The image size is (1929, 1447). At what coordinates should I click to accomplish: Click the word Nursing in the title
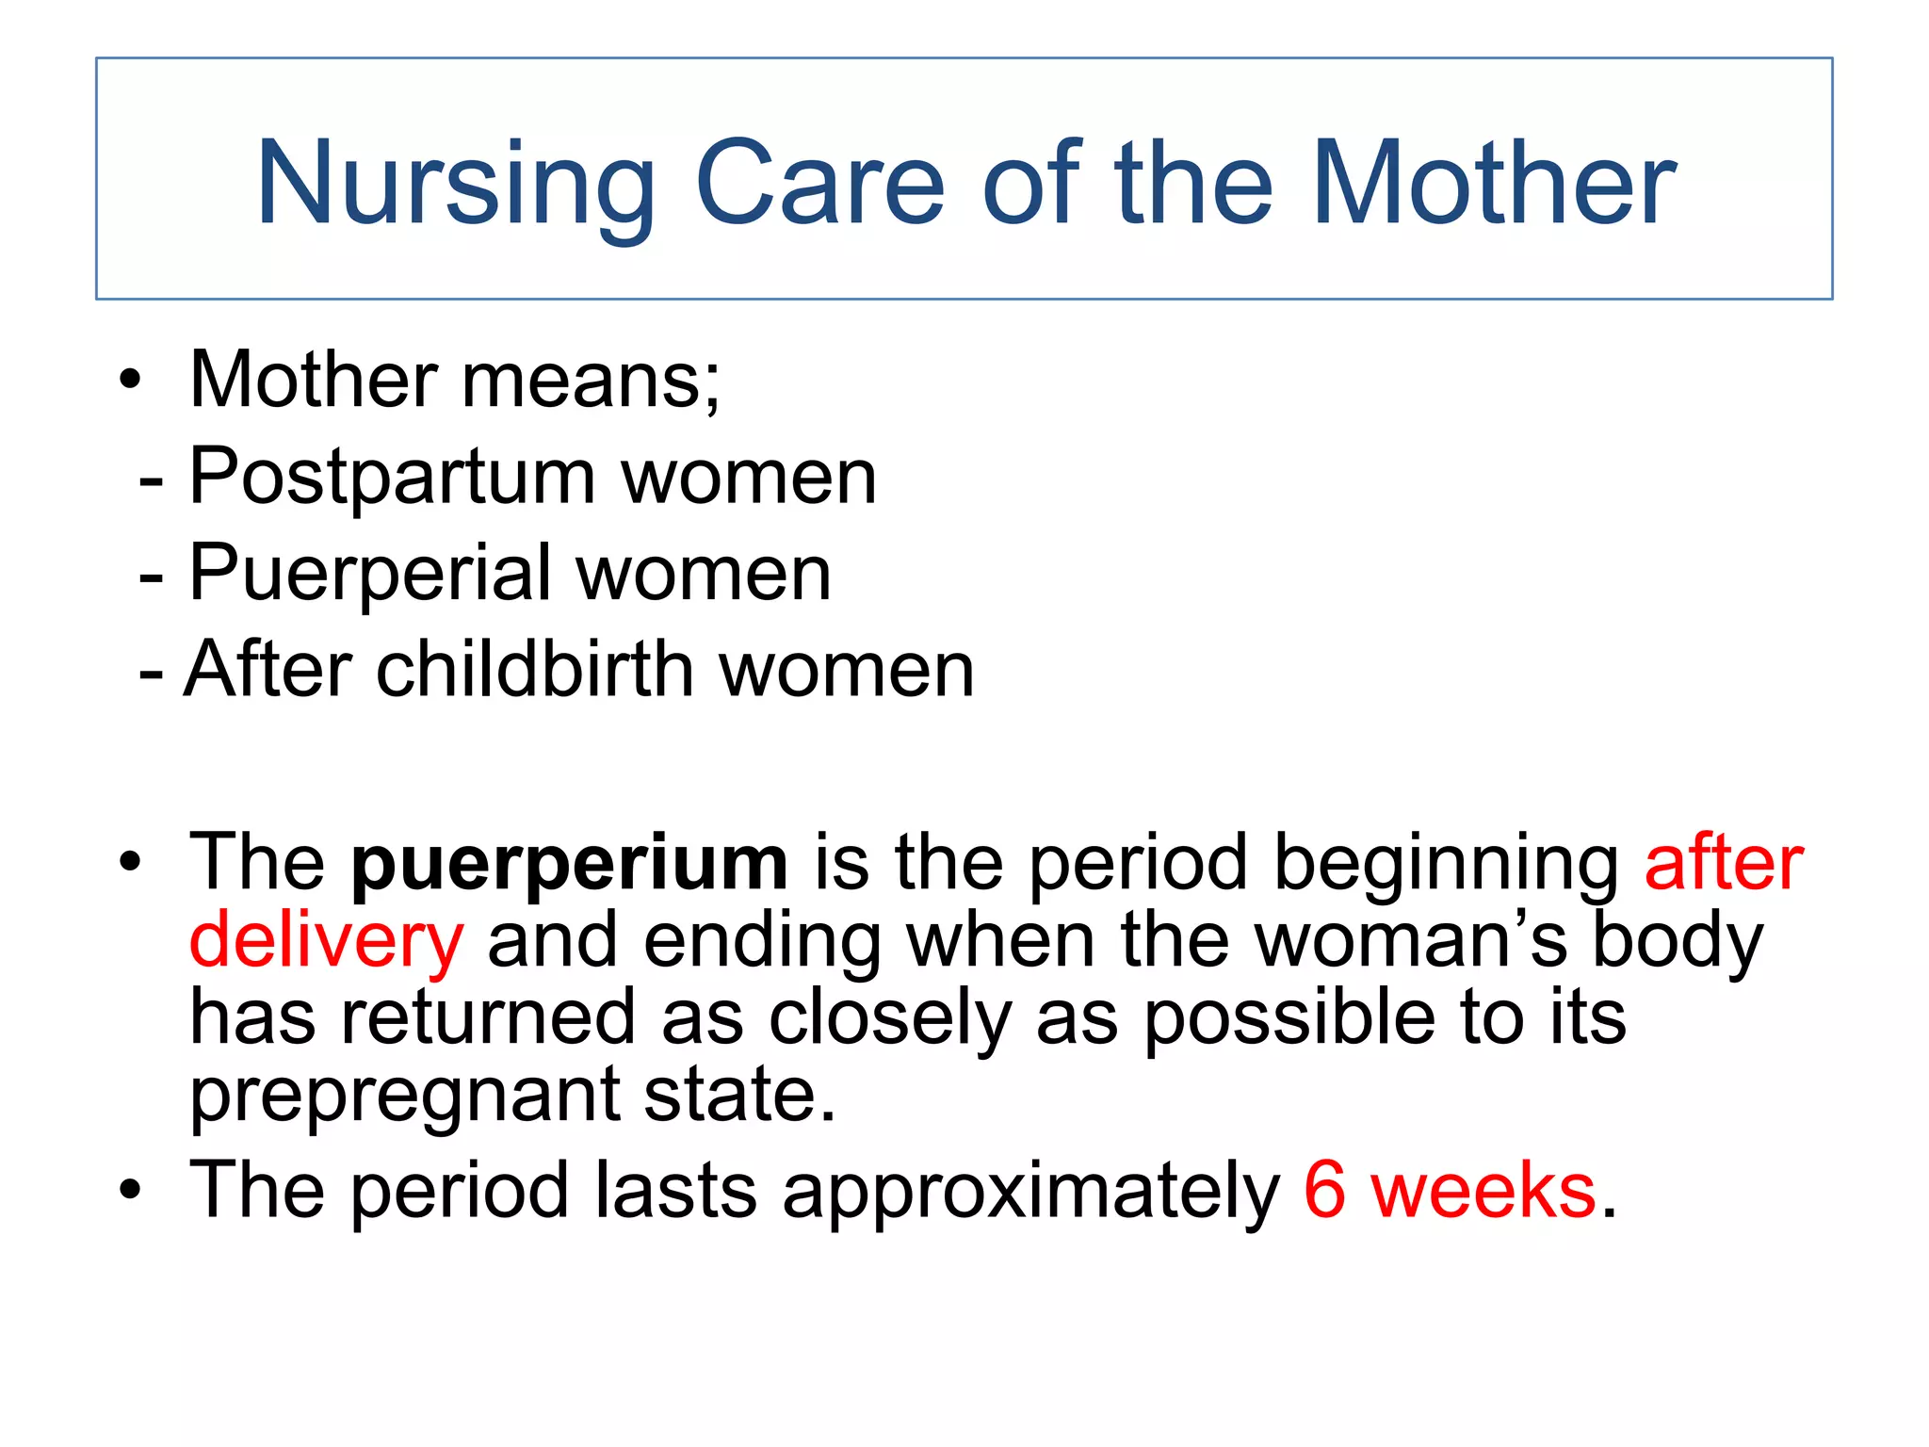point(455,184)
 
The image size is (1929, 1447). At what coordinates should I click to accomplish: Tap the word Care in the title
point(819,184)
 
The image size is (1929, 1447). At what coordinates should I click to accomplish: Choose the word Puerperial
point(369,574)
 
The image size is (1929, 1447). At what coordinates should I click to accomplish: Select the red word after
point(1723,863)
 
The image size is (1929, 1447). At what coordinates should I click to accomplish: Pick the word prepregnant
point(404,1097)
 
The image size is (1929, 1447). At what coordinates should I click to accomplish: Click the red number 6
point(1324,1191)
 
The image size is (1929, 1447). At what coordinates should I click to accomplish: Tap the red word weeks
point(1483,1191)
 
